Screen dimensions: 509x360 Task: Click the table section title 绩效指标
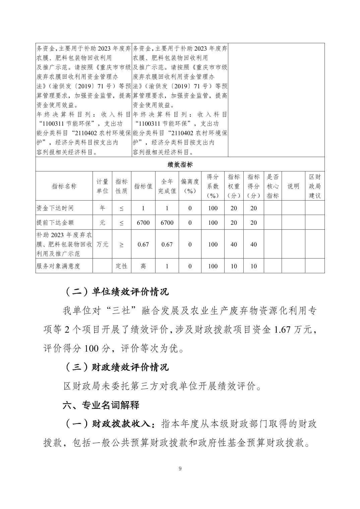(180, 164)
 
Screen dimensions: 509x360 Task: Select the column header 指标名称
(64, 186)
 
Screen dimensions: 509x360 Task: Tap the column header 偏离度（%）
(190, 186)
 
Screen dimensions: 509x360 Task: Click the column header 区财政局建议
(315, 186)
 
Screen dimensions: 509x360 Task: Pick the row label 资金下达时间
(55, 208)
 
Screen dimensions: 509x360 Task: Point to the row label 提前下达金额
(55, 222)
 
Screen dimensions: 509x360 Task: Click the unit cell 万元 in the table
(102, 244)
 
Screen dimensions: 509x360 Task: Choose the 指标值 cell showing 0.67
(143, 244)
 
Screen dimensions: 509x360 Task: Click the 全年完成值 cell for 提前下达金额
(167, 222)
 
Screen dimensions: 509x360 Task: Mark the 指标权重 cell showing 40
(234, 244)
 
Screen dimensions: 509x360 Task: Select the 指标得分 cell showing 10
(253, 266)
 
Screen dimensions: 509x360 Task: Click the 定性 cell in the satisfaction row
(121, 266)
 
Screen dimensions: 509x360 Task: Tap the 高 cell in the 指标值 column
(143, 266)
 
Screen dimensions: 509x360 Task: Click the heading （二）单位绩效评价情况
(116, 292)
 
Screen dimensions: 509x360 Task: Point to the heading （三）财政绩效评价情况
(116, 367)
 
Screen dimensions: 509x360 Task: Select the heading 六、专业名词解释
(101, 405)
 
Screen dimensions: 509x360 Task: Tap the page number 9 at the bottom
(180, 468)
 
